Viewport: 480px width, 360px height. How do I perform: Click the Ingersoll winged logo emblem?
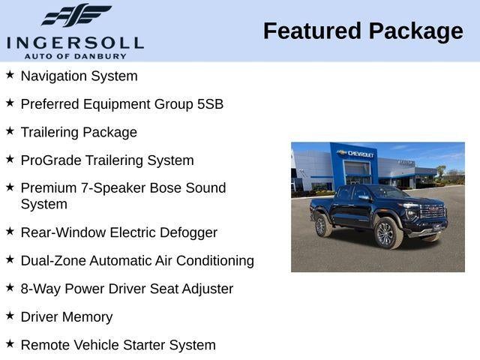point(76,15)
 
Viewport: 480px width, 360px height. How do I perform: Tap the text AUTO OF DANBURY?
point(75,55)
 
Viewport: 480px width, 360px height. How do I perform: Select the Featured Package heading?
point(363,31)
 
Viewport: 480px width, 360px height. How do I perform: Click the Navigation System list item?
point(79,76)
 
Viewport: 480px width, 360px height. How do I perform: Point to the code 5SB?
point(210,104)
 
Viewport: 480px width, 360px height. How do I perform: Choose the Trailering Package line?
point(79,132)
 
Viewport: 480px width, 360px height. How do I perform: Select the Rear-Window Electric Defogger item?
point(118,232)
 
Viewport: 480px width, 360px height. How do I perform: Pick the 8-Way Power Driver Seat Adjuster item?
point(127,289)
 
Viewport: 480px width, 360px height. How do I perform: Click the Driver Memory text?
point(67,317)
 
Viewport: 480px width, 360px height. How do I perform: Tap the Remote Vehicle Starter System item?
point(118,345)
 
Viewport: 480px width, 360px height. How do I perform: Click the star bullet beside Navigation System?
point(10,75)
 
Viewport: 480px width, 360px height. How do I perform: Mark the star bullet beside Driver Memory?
point(10,316)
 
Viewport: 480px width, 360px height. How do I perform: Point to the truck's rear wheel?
point(322,224)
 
